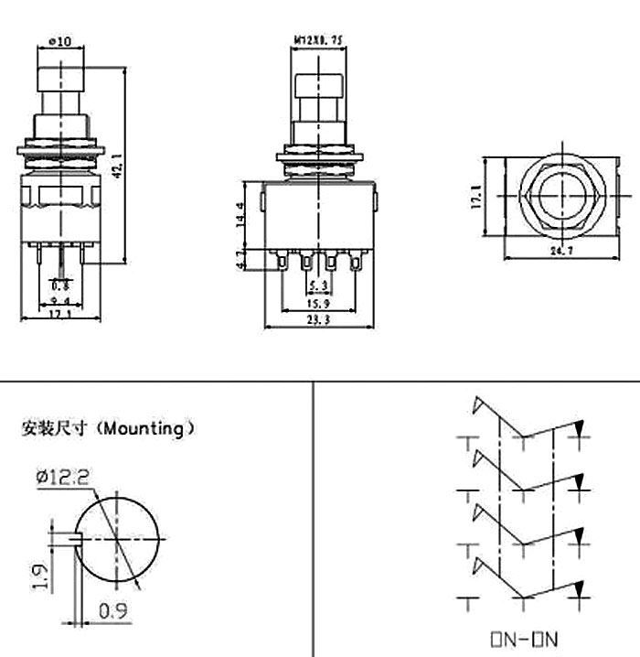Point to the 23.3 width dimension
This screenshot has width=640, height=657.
(x=318, y=320)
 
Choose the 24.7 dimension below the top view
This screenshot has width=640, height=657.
(x=553, y=249)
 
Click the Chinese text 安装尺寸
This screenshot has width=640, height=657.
(x=57, y=428)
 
